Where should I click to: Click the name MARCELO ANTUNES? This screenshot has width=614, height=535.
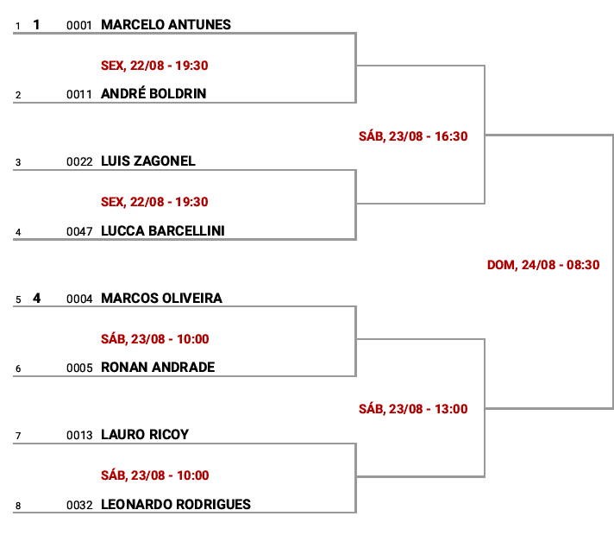(x=166, y=25)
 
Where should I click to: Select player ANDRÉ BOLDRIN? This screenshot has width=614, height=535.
(x=153, y=93)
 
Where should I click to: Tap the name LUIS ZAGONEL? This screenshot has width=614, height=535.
(x=148, y=161)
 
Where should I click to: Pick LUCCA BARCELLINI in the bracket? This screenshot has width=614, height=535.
(x=163, y=231)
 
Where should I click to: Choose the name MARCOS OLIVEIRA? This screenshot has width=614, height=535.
(x=161, y=299)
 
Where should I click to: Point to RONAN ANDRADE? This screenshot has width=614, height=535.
(x=158, y=368)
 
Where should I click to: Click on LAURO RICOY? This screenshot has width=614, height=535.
(x=145, y=435)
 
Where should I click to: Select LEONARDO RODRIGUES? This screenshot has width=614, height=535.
(x=176, y=505)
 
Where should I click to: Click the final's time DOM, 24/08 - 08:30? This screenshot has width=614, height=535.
(x=543, y=265)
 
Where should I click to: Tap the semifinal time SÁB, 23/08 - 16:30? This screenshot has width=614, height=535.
(x=413, y=136)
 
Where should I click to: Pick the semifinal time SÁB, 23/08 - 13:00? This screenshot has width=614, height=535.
(x=413, y=409)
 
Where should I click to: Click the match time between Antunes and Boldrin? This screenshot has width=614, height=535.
(x=154, y=66)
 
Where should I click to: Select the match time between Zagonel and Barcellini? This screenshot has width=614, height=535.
(x=154, y=202)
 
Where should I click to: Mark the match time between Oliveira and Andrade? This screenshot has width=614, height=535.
(x=154, y=338)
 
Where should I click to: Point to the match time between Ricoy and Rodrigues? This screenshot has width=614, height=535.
(x=154, y=475)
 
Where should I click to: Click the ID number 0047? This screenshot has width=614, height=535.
(x=79, y=231)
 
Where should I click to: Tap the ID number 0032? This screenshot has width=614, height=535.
(x=79, y=505)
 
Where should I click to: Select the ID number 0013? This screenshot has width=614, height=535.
(x=79, y=436)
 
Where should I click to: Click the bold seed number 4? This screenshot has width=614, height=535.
(x=36, y=299)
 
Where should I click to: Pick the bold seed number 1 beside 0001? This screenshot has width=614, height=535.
(x=36, y=25)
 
